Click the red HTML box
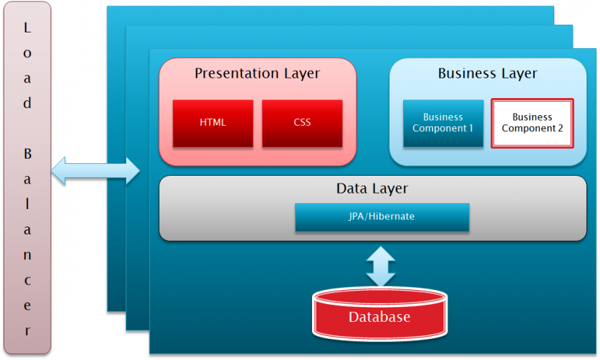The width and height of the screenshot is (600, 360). tap(212, 123)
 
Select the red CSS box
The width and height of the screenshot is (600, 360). tap(302, 123)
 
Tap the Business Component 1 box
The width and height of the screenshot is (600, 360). tap(443, 123)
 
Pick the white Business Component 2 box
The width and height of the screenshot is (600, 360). tap(532, 123)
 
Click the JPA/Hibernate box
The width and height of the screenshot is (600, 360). tap(382, 217)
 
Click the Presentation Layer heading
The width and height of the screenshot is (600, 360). tap(257, 73)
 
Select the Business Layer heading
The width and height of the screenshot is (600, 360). tap(487, 73)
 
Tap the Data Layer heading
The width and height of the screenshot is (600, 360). tap(372, 188)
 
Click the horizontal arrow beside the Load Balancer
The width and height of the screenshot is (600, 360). tap(96, 170)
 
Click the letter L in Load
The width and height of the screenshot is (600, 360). tap(28, 28)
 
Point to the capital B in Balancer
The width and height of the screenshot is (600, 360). tap(28, 153)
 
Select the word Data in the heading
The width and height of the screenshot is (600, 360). tap(350, 188)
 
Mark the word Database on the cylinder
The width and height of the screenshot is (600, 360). tap(379, 317)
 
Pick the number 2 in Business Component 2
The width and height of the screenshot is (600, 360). tap(559, 128)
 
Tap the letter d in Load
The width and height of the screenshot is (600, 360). tap(28, 103)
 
